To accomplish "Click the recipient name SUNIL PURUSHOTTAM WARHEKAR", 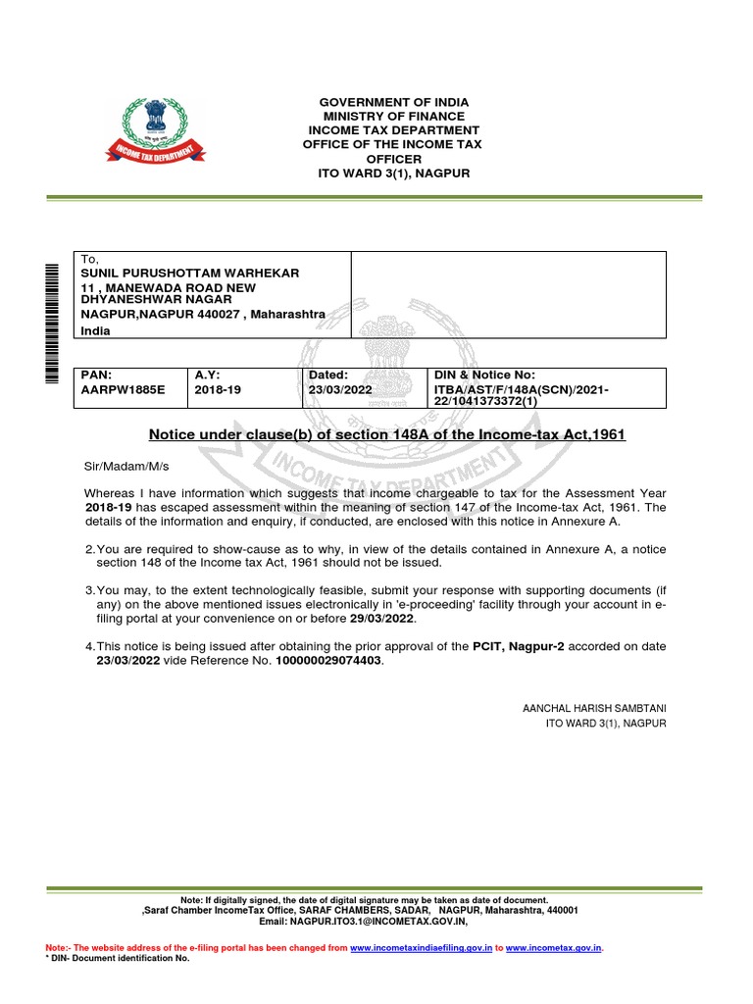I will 190,272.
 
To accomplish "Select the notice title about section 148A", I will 386,434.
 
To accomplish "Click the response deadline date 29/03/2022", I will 383,620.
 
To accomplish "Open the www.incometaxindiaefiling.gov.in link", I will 420,948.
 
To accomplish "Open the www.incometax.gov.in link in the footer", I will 553,948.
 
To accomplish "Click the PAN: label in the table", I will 98,376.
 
